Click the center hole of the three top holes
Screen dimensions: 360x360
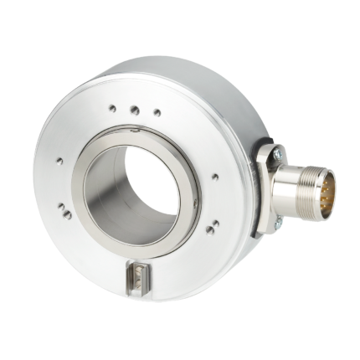[132, 108]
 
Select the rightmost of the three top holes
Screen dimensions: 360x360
[155, 112]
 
